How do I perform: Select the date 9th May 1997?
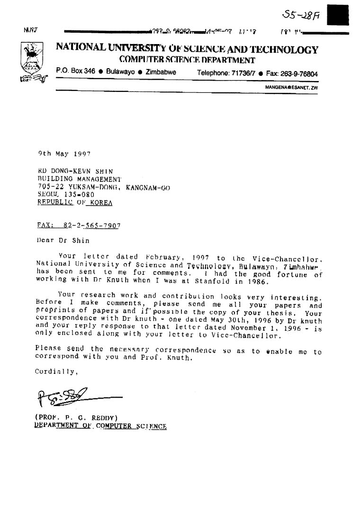coord(64,154)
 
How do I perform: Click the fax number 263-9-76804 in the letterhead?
coord(299,74)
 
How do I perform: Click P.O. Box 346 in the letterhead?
coord(75,71)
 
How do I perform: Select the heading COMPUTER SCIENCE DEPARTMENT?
coord(187,60)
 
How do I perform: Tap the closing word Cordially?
coord(55,372)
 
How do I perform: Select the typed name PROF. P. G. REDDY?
coord(76,417)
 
